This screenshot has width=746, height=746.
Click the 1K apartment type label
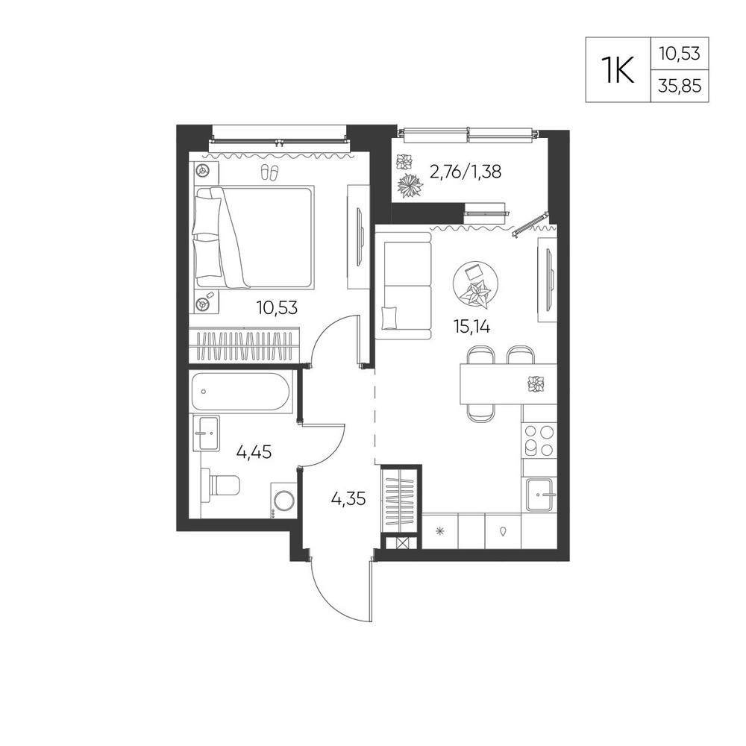618,70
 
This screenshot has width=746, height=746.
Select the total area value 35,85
680,86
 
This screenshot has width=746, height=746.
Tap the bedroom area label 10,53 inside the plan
277,308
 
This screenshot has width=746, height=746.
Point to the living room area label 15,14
471,327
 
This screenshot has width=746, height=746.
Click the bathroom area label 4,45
254,451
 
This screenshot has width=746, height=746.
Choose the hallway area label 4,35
348,498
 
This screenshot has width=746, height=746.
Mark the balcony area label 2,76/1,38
465,172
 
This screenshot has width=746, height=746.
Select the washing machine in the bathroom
283,501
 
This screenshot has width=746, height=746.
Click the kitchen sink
539,495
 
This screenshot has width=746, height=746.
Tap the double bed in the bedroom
254,237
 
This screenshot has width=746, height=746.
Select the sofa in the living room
404,286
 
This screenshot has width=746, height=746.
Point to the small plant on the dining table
536,383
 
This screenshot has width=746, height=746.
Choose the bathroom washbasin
206,433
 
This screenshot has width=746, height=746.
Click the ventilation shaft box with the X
401,543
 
